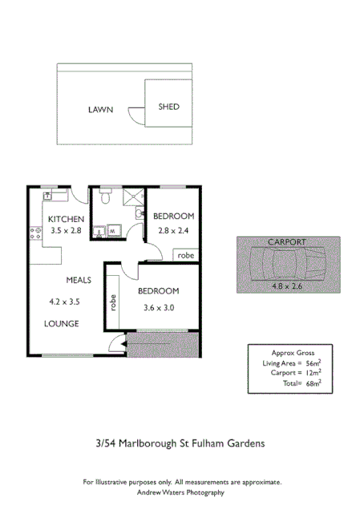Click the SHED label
coord(168,107)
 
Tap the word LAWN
coord(100,110)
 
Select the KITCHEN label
coord(65,219)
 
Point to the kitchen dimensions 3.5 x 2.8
coord(66,230)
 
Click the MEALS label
coord(79,280)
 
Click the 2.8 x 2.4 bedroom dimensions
coord(174,230)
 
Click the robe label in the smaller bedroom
coord(185,255)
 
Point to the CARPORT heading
coord(287,241)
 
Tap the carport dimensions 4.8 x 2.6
coord(287,285)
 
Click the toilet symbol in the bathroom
coord(106,196)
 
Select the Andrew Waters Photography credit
coord(182,492)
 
